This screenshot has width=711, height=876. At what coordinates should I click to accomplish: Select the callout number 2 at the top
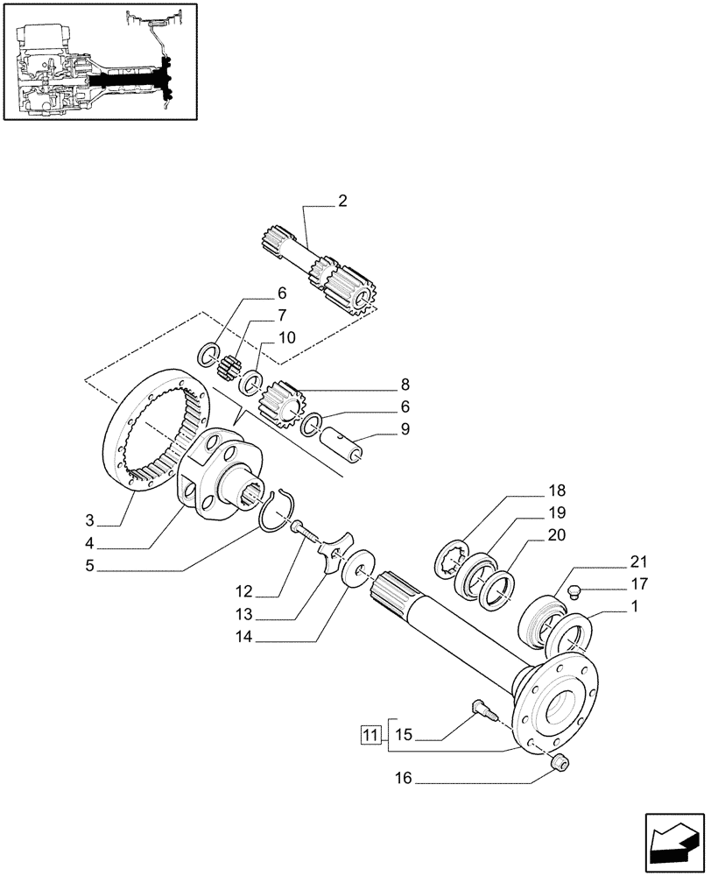point(342,201)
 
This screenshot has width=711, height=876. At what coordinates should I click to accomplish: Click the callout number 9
point(404,430)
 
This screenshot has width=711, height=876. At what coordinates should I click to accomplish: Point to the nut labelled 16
point(559,766)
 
